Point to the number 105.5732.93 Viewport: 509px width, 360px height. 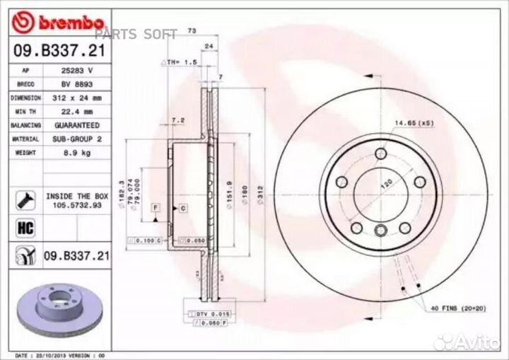tap(78, 205)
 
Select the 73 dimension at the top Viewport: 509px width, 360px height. tap(192, 30)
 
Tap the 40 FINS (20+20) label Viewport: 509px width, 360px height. tap(457, 308)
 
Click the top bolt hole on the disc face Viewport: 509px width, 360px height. tap(381, 153)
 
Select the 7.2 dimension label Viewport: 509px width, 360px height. tap(178, 121)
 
